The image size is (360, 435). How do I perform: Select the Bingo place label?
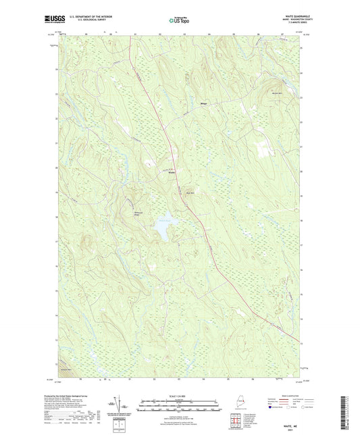point(203,103)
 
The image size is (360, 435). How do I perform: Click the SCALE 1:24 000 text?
point(179,395)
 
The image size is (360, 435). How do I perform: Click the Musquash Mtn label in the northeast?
point(276,93)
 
